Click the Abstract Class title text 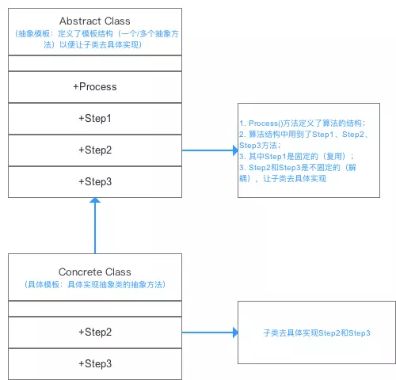click(x=94, y=19)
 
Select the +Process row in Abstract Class click(x=94, y=86)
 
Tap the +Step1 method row click(x=94, y=118)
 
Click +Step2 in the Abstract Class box click(x=94, y=150)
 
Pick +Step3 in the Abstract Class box click(x=94, y=181)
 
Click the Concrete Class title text click(x=94, y=272)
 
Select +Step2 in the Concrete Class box click(x=94, y=332)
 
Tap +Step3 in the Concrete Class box click(x=94, y=363)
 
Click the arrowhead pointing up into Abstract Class click(x=95, y=203)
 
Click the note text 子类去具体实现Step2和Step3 click(x=317, y=334)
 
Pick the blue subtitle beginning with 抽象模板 click(x=94, y=39)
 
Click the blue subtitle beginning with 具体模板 click(x=94, y=284)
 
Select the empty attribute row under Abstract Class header click(x=94, y=63)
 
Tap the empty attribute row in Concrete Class click(x=94, y=309)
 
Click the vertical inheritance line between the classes click(x=95, y=230)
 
